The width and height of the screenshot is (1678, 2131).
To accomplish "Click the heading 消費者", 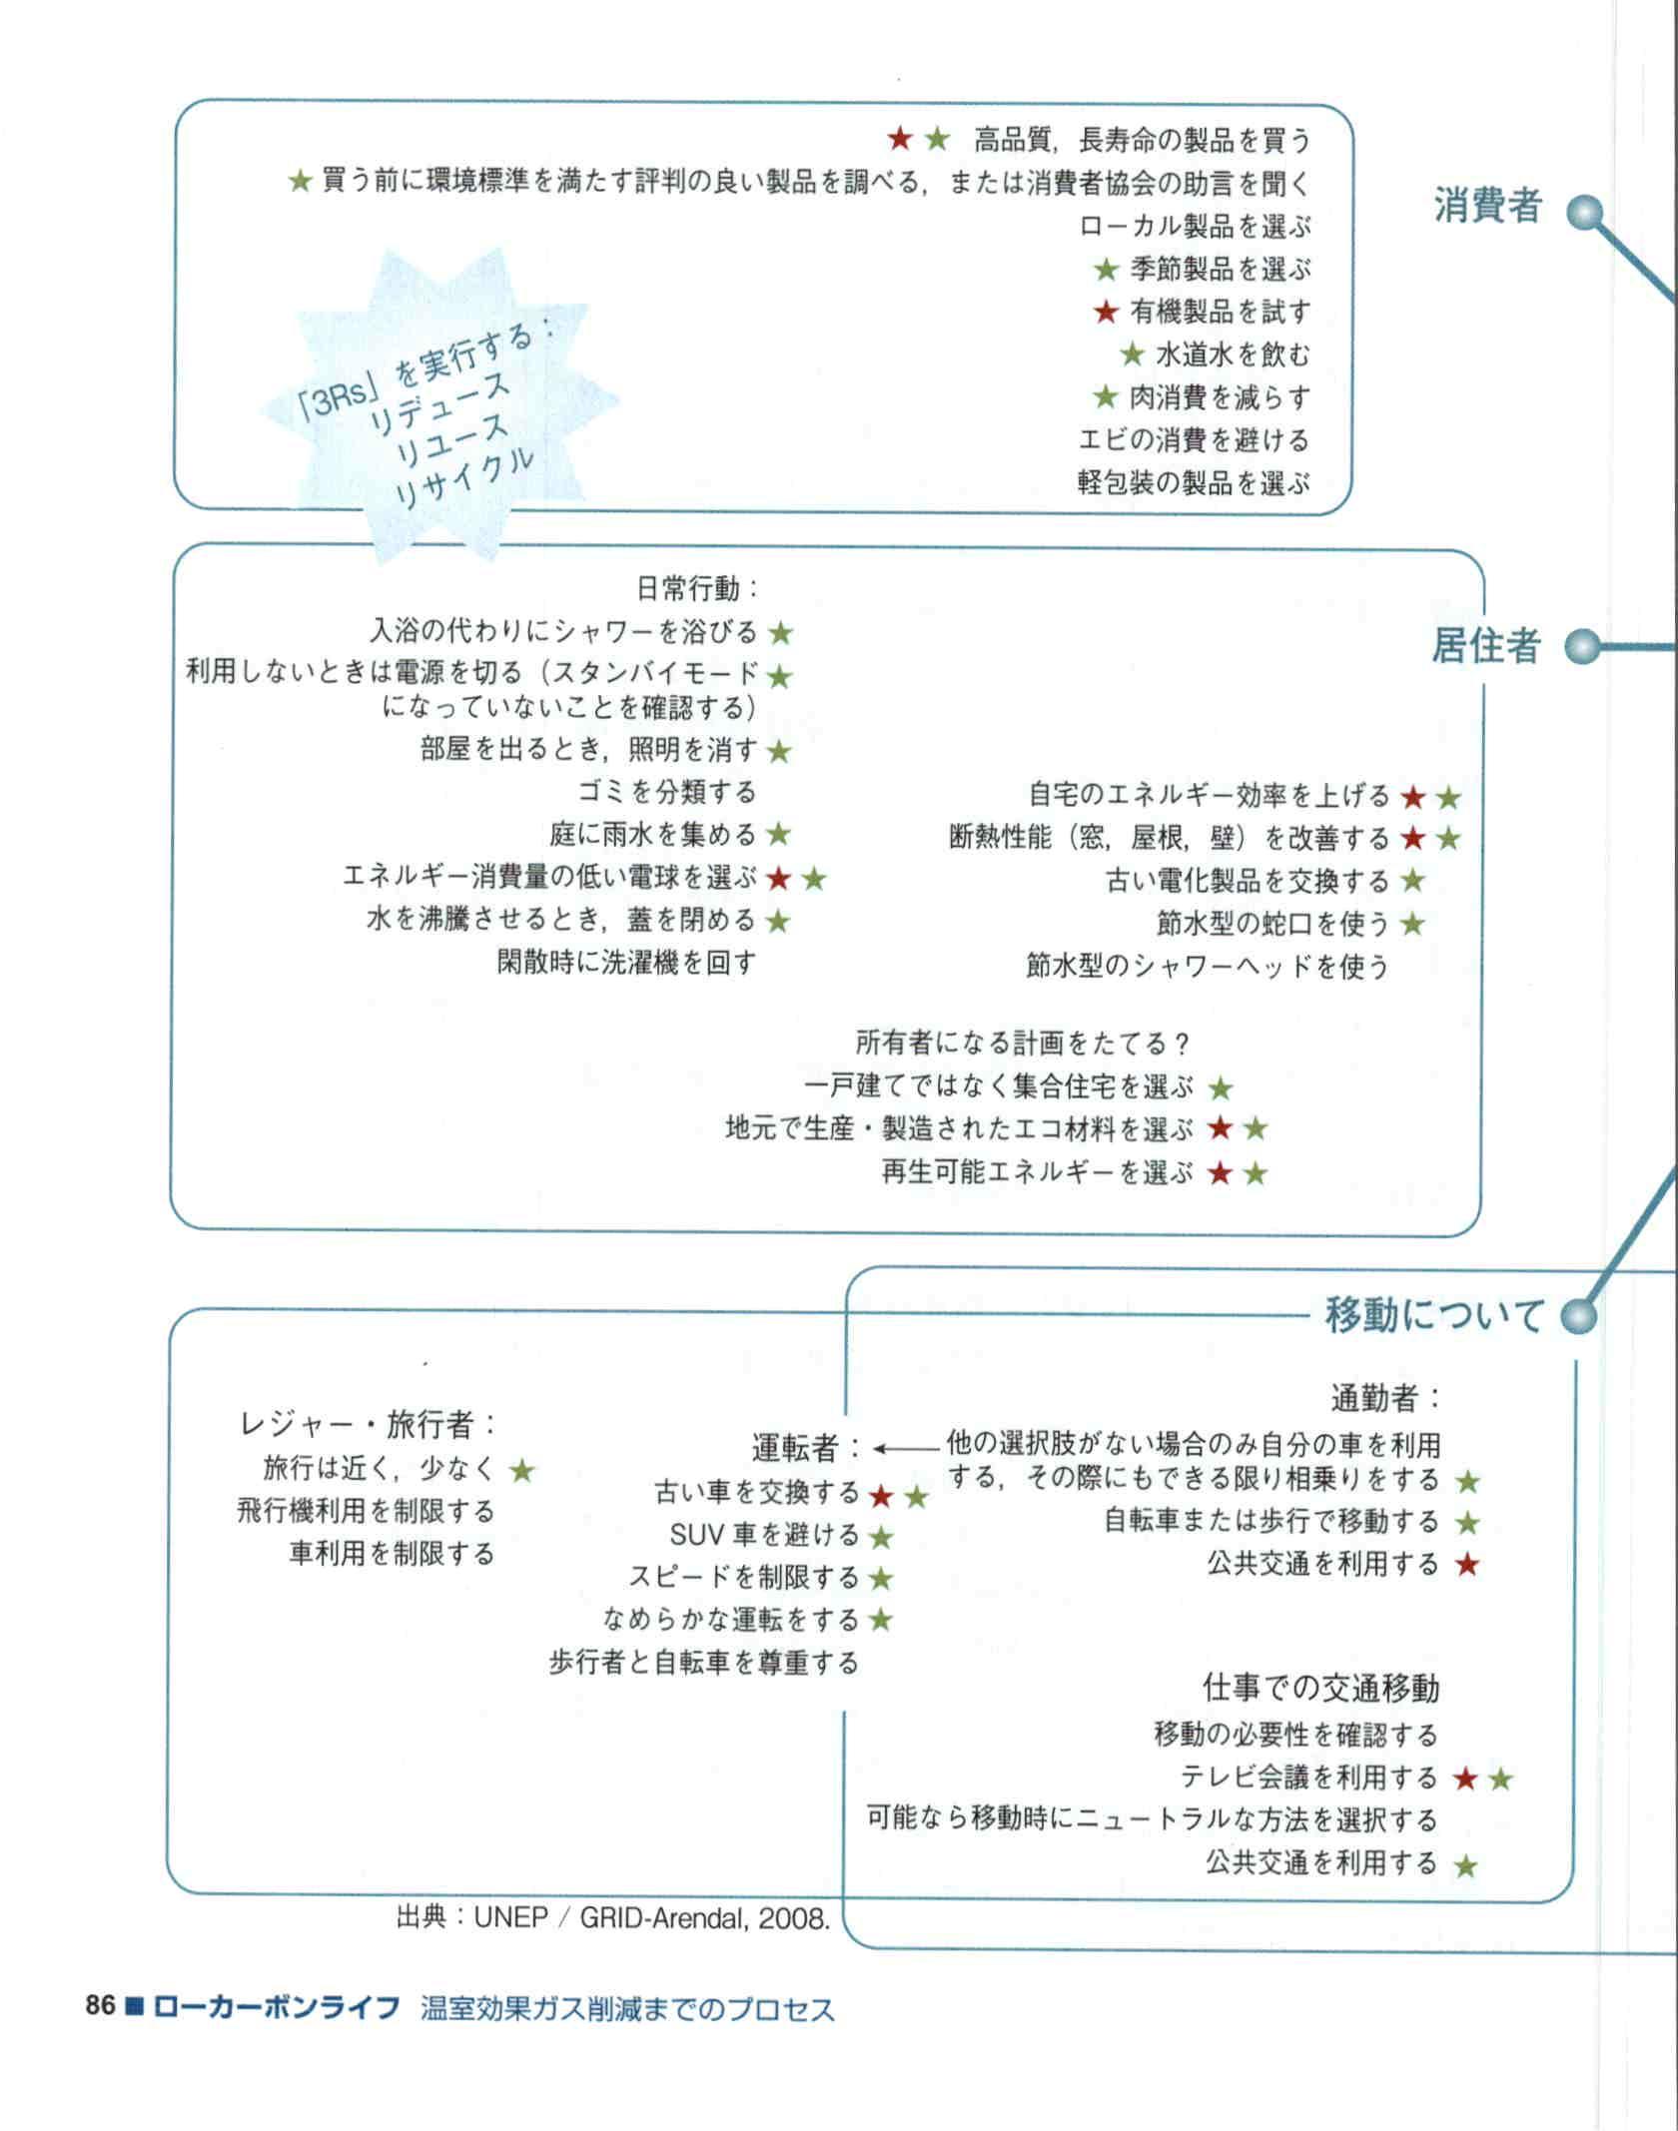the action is click(x=1488, y=206).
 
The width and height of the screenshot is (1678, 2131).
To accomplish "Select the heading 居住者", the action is click(x=1486, y=647).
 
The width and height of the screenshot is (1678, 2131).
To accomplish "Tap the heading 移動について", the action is click(x=1434, y=1314).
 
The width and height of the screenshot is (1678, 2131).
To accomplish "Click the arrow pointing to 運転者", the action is click(x=906, y=1447).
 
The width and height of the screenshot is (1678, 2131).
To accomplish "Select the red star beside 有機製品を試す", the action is click(x=1106, y=313).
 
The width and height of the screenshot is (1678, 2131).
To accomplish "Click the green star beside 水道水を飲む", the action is click(x=1132, y=355).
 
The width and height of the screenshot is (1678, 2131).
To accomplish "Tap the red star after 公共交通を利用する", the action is click(x=1466, y=1565).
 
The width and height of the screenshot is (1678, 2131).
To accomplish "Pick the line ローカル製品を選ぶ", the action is click(x=1195, y=227).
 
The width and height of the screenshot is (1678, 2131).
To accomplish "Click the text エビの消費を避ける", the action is click(x=1194, y=440).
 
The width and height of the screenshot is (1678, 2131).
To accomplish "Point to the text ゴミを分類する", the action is click(x=667, y=792).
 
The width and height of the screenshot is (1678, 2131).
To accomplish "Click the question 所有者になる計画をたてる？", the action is click(x=1024, y=1044).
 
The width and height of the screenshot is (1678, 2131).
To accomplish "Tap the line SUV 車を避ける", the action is click(x=764, y=1535).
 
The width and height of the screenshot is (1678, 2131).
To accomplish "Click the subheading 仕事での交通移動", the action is click(x=1320, y=1688).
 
